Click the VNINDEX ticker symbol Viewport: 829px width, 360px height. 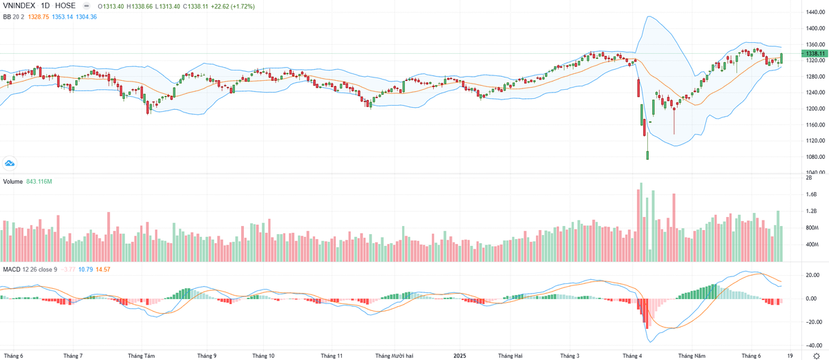coord(20,6)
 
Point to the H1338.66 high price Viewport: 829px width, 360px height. coord(141,6)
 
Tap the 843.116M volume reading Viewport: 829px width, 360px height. coord(39,182)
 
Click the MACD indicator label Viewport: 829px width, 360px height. coord(11,268)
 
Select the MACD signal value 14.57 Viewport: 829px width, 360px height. coord(102,268)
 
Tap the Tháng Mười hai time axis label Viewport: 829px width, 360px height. coord(394,356)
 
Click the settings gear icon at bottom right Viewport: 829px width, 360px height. coord(816,355)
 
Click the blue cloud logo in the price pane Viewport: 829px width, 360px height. coord(10,163)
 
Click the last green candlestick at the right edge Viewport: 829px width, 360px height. coord(782,59)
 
